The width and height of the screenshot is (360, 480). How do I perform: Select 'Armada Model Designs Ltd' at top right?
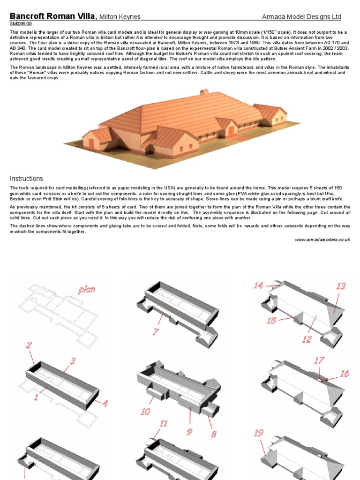301,17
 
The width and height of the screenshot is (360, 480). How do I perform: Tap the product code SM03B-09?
21,23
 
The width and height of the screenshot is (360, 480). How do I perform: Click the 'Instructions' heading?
26,179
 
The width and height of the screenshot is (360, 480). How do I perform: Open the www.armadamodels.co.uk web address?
322,240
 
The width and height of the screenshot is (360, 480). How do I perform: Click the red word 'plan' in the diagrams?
88,289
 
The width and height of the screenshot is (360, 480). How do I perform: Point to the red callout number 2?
29,345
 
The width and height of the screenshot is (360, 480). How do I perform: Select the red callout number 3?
73,361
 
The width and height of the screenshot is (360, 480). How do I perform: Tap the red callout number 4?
105,403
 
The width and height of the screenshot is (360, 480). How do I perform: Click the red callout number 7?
156,331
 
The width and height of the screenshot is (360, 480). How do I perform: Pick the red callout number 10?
145,412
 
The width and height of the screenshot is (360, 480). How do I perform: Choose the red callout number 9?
189,431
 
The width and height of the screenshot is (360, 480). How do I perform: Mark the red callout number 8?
213,434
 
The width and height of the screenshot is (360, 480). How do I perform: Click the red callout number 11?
163,424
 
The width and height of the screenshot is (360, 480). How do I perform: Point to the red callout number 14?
258,285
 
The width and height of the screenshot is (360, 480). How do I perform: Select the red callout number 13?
340,286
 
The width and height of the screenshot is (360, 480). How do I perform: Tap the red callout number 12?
307,339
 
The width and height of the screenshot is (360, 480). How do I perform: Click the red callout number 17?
319,360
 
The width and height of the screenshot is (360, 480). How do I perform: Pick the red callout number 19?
258,433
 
